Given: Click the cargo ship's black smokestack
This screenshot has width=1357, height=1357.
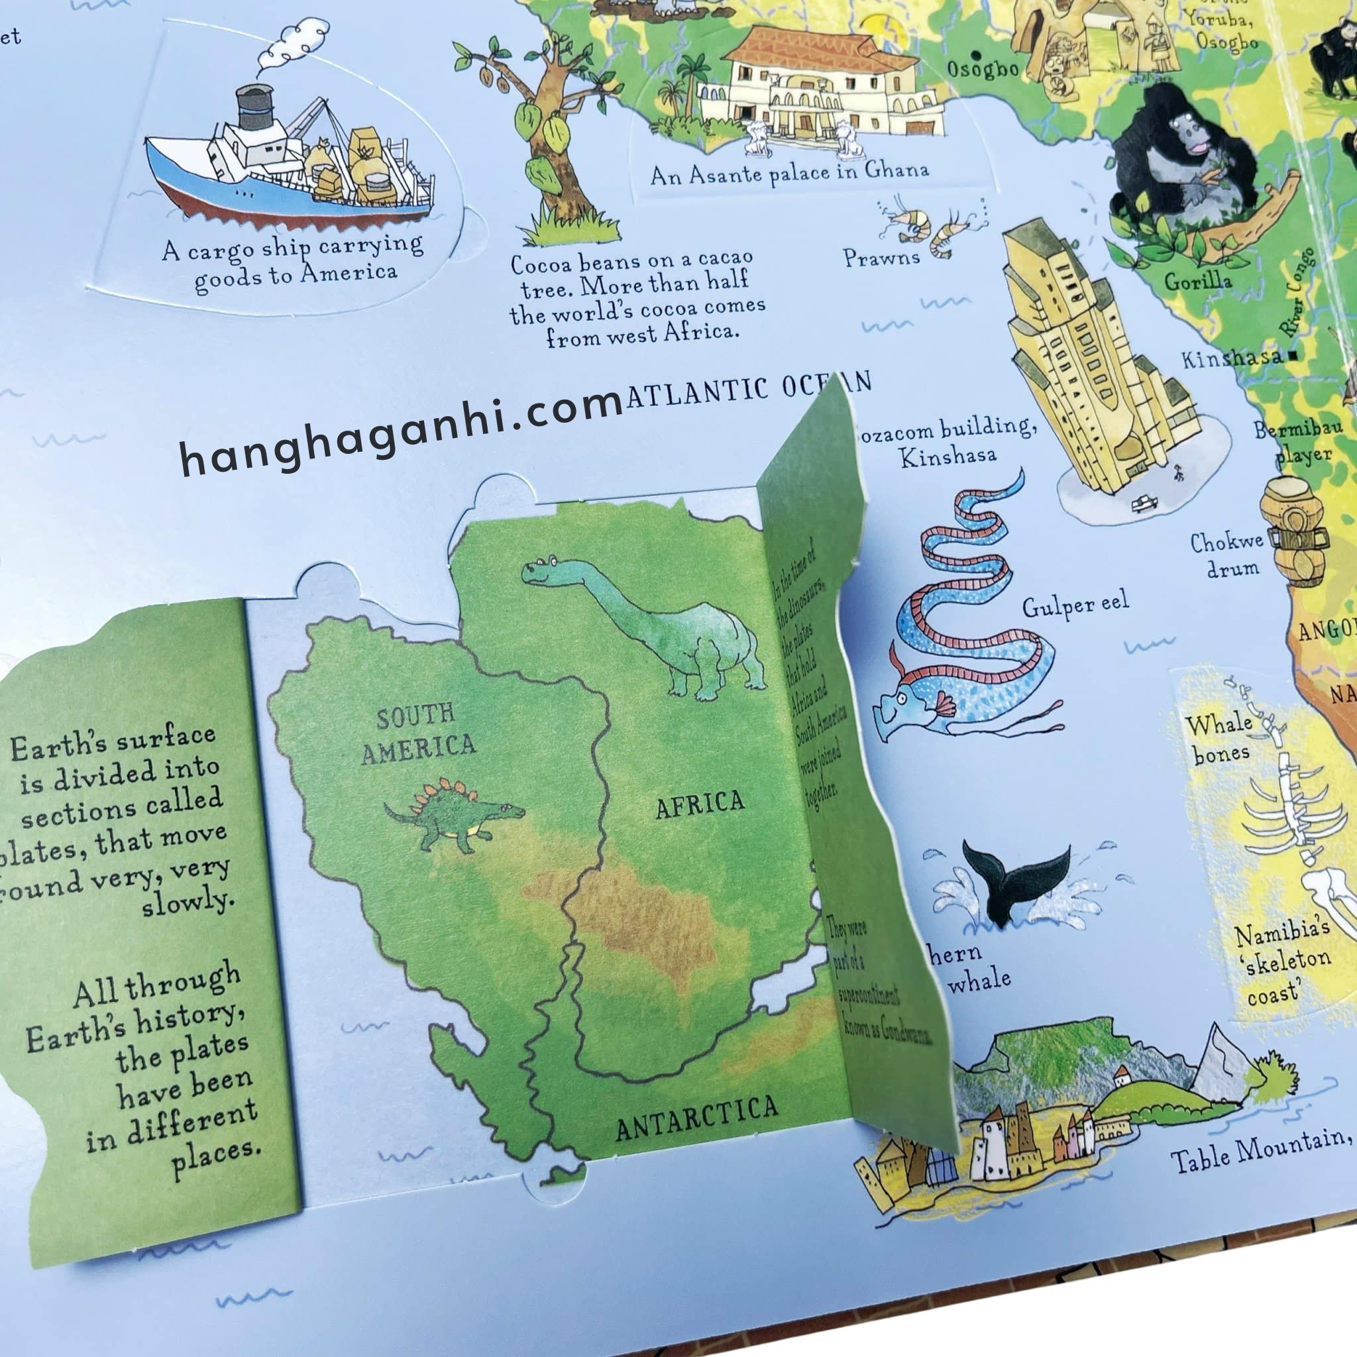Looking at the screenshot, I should tap(254, 107).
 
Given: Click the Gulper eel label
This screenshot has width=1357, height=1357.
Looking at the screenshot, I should tap(1075, 606).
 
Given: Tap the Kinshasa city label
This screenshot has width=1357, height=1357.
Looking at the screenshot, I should tap(1232, 359).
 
